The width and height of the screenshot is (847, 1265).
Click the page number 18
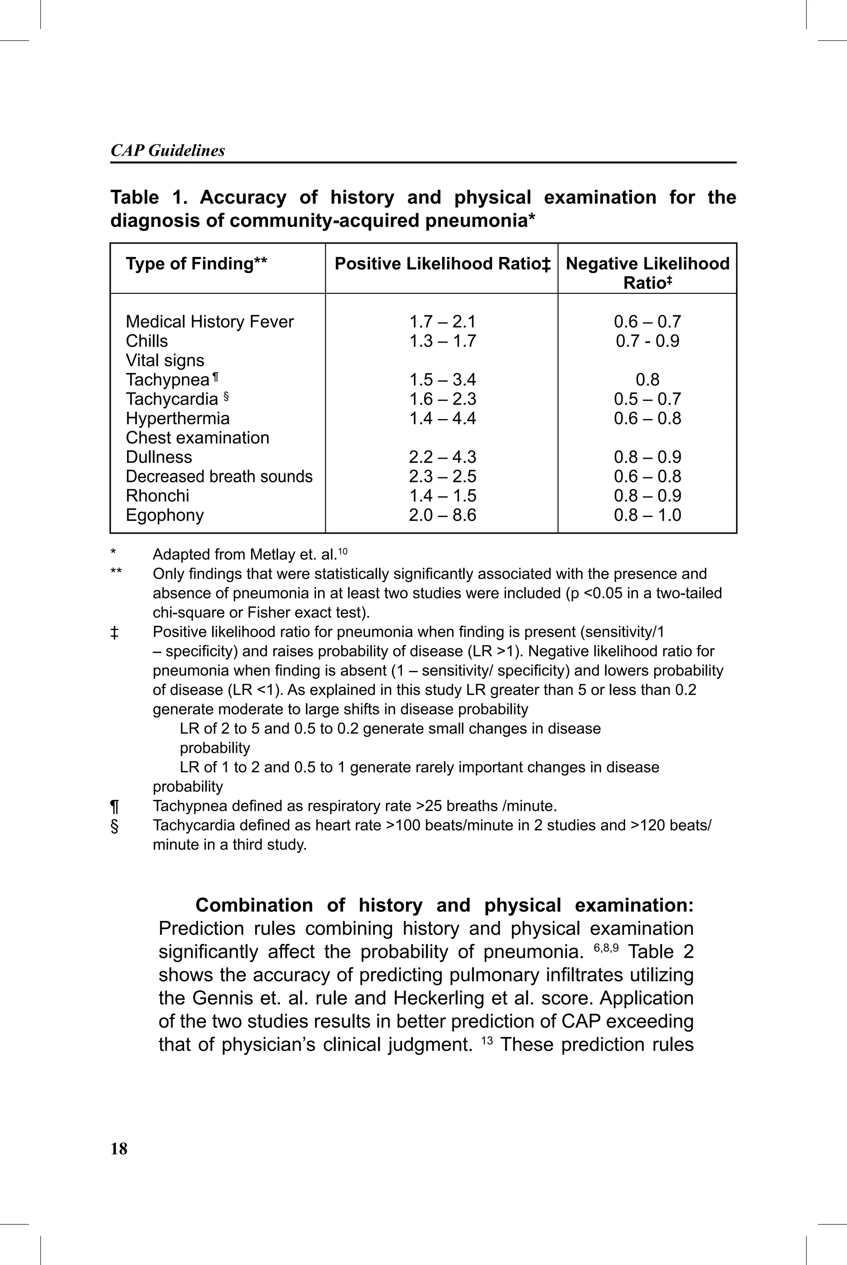pyautogui.click(x=119, y=1148)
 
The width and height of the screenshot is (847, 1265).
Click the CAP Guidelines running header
pyautogui.click(x=167, y=150)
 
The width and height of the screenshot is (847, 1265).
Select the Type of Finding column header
pyautogui.click(x=196, y=264)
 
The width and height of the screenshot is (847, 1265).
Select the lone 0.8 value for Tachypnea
pyautogui.click(x=647, y=380)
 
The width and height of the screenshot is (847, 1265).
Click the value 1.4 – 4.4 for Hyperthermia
pyautogui.click(x=443, y=418)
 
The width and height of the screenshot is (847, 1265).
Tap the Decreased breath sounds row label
pyautogui.click(x=219, y=477)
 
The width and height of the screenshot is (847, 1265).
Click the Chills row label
pyautogui.click(x=146, y=341)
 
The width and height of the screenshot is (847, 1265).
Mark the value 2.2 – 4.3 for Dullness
pyautogui.click(x=443, y=457)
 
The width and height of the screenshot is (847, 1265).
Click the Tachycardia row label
pyautogui.click(x=172, y=399)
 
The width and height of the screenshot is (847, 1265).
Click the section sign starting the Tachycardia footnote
pyautogui.click(x=115, y=826)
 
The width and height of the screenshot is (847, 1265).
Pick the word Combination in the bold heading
pyautogui.click(x=254, y=905)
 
